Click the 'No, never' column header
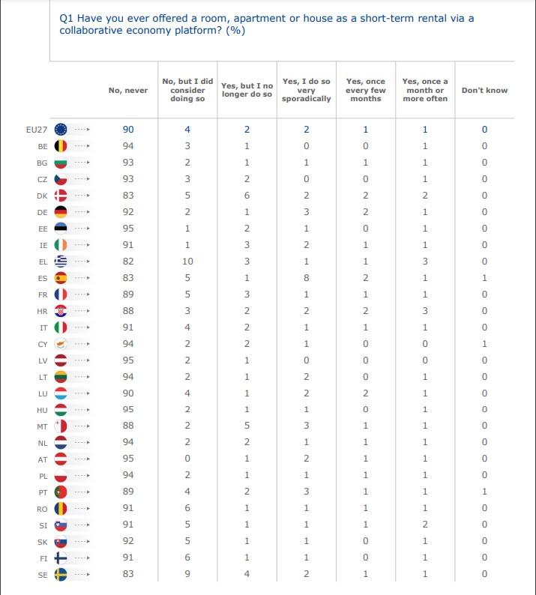128,91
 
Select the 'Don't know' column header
484,91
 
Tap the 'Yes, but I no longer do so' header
247,90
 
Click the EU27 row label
37,130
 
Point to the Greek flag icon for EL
61,262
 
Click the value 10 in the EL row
187,262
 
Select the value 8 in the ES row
307,278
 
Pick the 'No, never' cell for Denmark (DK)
128,196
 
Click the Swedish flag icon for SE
61,575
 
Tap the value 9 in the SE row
187,574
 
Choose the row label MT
42,426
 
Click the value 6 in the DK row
247,196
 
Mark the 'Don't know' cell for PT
484,492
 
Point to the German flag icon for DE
61,212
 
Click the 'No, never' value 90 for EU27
128,130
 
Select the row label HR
42,311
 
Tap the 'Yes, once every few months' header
366,90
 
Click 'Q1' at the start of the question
66,18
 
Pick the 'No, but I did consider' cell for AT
187,459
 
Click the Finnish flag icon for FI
61,558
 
